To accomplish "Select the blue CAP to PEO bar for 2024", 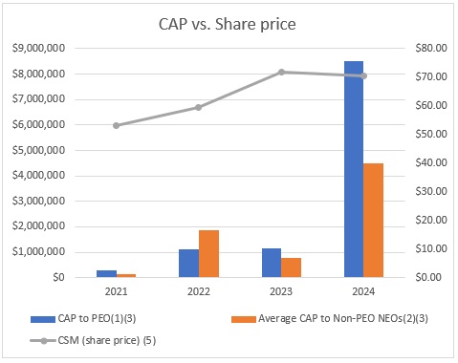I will point(354,169).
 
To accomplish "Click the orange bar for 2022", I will point(208,253).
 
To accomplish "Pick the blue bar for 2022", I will point(188,263).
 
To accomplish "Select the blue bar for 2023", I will point(272,263).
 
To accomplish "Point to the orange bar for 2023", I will point(291,267).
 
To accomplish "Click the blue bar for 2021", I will point(106,273).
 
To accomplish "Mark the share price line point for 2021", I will point(116,125).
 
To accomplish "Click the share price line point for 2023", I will point(281,72).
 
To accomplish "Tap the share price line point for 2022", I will point(199,107).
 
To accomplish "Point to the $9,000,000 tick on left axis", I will point(37,48).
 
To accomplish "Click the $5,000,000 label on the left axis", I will point(37,150).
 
